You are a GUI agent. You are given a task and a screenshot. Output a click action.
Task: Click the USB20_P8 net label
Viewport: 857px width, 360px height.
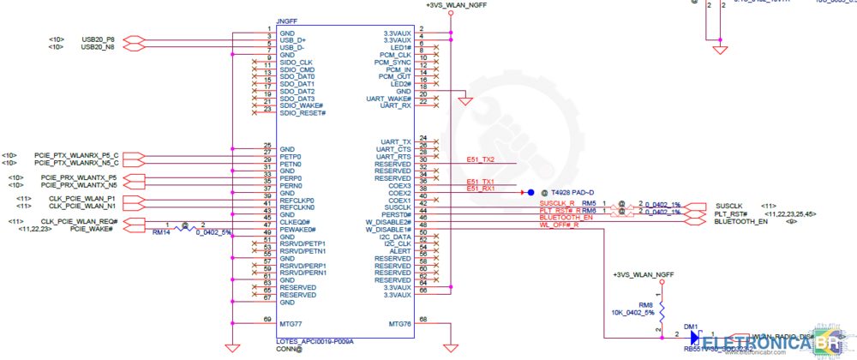(98, 39)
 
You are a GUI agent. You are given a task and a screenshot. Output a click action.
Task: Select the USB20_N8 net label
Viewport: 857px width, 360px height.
(98, 47)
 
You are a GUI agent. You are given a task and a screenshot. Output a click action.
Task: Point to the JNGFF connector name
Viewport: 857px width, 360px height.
(286, 20)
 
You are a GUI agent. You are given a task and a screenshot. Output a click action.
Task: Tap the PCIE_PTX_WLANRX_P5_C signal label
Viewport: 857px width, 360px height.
(76, 155)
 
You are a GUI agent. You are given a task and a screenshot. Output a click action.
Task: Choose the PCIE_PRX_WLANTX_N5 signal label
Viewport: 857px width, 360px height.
(79, 185)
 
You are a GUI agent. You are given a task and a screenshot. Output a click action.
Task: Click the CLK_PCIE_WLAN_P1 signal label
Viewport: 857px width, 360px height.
(82, 199)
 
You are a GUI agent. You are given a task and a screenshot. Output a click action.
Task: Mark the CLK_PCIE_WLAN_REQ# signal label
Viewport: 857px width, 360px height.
(85, 222)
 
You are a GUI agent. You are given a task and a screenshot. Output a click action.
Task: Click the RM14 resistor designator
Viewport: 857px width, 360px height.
(160, 232)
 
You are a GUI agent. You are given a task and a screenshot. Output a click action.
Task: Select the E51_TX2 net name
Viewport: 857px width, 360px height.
(480, 160)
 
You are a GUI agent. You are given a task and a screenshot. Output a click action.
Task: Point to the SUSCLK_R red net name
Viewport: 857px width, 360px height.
(557, 203)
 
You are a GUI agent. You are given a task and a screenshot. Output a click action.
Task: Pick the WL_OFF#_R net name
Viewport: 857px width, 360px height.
(559, 225)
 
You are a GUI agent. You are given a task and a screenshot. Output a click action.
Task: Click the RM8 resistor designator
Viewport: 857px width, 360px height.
(645, 304)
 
